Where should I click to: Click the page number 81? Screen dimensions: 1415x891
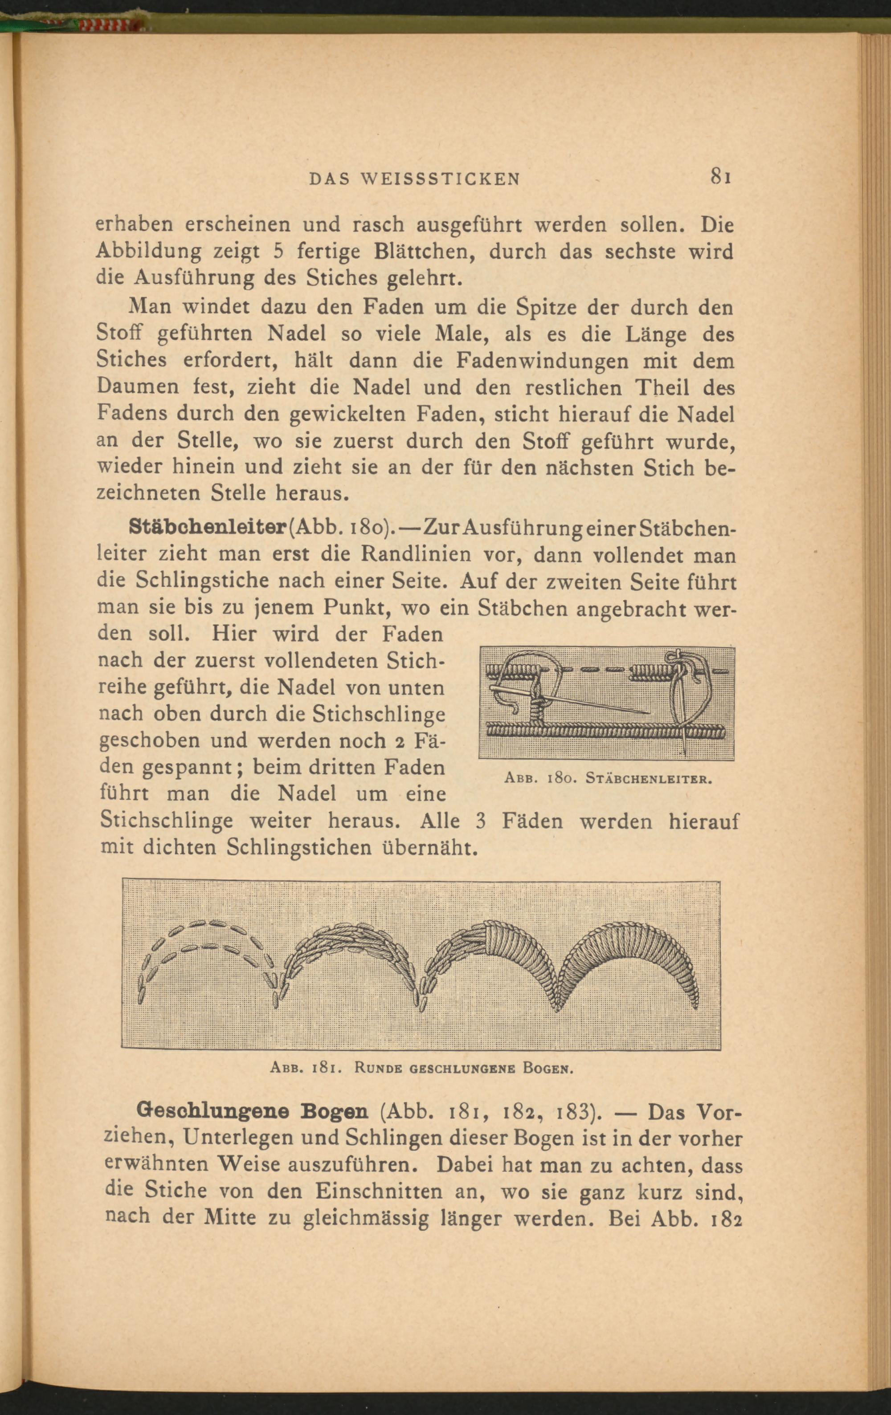[x=720, y=176]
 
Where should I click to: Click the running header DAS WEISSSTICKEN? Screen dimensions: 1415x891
[x=415, y=179]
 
